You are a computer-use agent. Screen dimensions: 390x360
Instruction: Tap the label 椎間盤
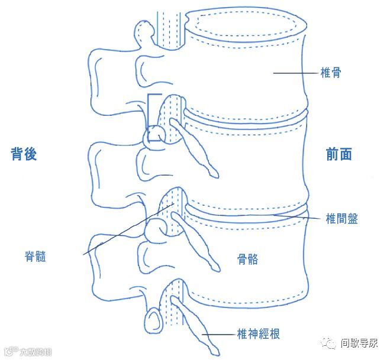tap(341, 218)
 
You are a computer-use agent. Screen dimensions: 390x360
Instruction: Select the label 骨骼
tap(247, 259)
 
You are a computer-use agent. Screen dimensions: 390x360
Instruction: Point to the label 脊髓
tap(36, 257)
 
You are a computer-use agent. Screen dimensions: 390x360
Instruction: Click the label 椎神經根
tap(257, 334)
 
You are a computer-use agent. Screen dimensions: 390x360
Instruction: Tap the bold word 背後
tap(24, 154)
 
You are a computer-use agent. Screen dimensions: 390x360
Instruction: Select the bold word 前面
tap(339, 154)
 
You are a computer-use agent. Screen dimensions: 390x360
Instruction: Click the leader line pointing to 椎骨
tap(296, 73)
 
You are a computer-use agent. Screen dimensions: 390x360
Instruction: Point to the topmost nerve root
tap(195, 148)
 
